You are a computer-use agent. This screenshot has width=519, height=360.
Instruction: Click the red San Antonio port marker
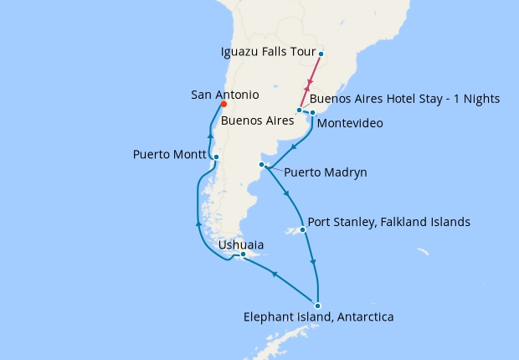224,105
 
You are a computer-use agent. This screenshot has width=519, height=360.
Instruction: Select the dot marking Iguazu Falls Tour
321,56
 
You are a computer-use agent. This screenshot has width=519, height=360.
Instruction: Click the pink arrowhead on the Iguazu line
310,85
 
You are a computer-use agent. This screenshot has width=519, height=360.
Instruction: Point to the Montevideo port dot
312,112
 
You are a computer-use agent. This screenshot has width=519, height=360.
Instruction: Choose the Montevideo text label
350,123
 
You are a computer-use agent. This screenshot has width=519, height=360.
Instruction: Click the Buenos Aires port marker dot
299,111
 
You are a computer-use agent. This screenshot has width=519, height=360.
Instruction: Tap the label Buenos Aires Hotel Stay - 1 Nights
411,99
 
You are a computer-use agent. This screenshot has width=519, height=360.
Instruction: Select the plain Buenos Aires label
257,121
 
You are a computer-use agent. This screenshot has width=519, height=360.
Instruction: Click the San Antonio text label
224,95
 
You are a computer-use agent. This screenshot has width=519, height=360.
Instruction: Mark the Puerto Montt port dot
216,157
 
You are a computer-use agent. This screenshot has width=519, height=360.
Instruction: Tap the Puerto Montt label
170,155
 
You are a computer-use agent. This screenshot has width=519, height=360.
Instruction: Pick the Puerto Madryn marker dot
262,165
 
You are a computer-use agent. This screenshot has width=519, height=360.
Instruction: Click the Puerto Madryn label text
325,173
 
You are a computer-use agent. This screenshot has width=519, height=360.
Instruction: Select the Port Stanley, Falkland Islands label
388,223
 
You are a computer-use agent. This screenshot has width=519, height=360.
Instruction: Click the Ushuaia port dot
243,254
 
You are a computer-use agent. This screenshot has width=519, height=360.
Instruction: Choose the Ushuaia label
246,245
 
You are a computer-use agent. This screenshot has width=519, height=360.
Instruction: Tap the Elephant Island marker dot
317,306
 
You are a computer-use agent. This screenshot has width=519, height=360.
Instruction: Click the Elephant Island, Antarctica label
318,317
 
